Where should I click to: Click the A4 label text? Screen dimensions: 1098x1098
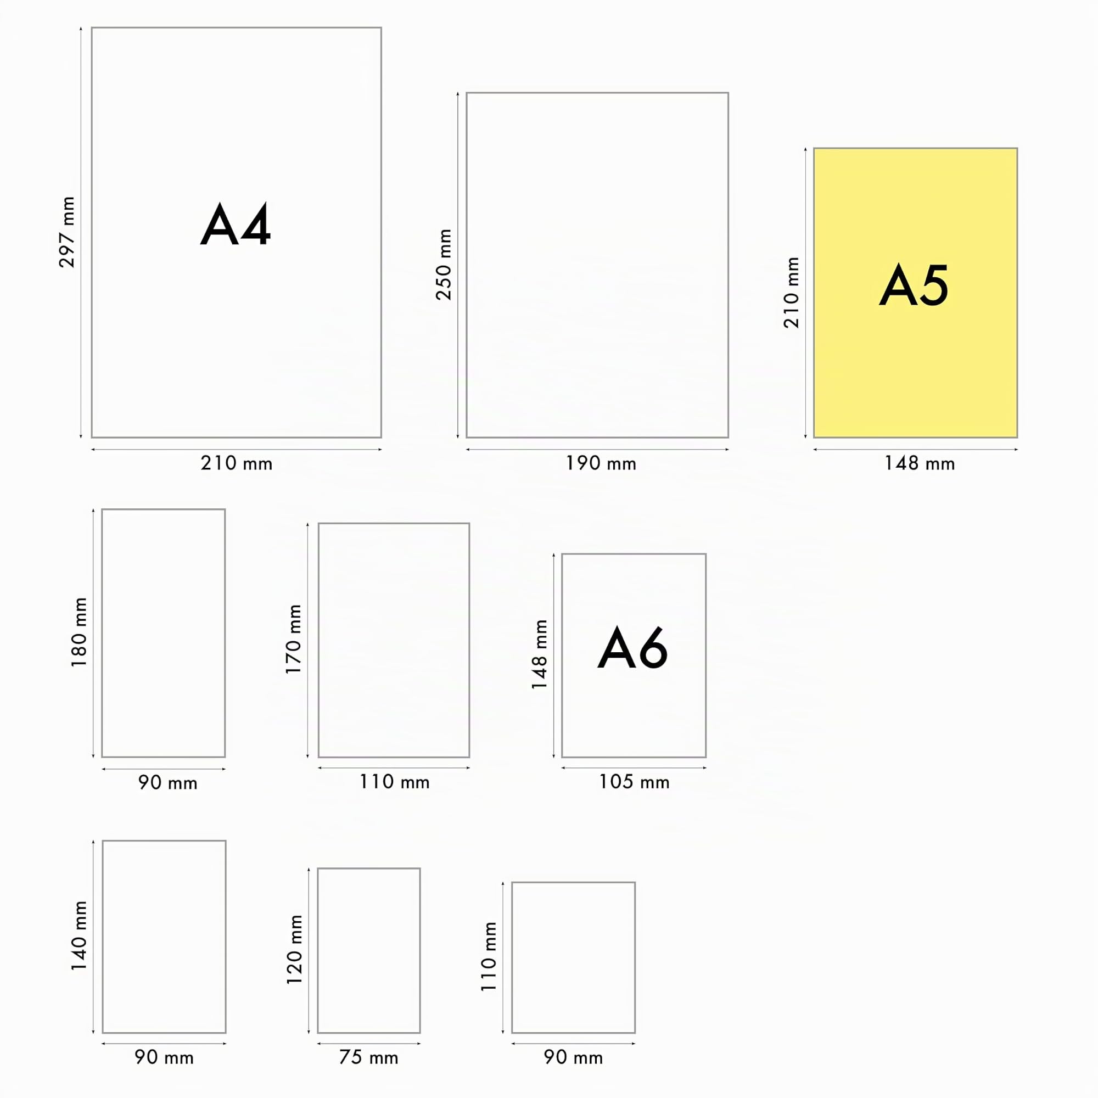point(236,225)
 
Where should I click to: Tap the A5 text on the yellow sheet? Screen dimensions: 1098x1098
point(914,285)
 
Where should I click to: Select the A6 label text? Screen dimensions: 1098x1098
point(632,648)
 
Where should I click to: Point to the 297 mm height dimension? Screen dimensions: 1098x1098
point(67,232)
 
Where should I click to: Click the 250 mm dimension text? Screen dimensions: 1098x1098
point(443,264)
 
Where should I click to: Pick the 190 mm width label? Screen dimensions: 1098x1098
point(601,464)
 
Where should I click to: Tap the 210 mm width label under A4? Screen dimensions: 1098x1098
point(237,464)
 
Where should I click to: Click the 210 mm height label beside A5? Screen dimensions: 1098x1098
point(791,293)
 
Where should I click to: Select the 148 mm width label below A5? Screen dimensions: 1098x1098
point(920,464)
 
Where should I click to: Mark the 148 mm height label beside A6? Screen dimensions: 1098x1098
point(539,655)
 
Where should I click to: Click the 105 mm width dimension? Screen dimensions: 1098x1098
point(634,782)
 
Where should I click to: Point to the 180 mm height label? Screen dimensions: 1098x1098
point(79,632)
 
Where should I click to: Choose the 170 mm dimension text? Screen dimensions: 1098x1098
point(293,640)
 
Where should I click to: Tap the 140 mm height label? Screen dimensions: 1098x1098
point(79,935)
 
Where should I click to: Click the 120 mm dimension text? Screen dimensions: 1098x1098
point(294,950)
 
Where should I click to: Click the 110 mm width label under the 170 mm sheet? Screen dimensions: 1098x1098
point(394,782)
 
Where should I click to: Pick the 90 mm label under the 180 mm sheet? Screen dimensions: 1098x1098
point(167,782)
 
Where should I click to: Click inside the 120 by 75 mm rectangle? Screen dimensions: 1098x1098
point(369,950)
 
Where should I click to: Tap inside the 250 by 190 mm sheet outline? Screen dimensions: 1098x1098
point(597,265)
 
